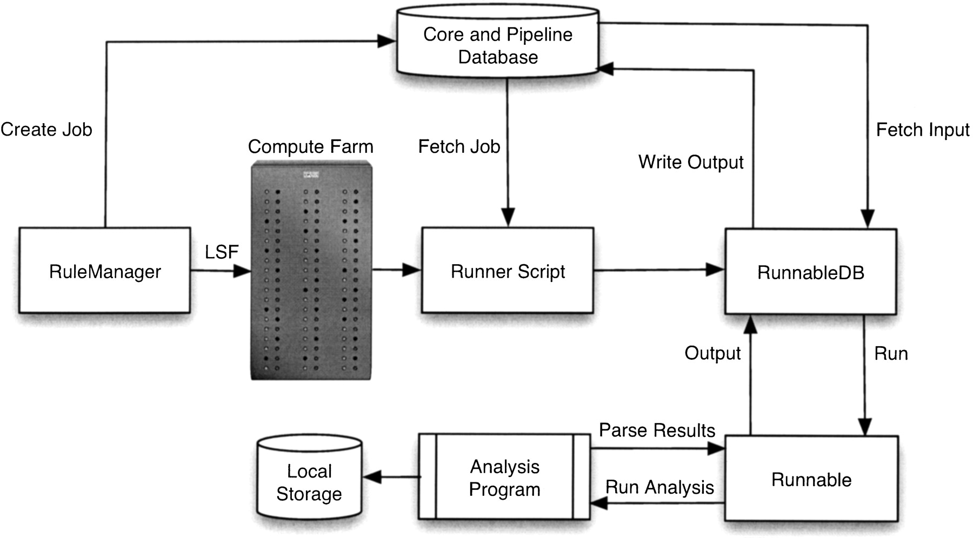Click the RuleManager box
pyautogui.click(x=105, y=271)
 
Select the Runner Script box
pyautogui.click(x=508, y=271)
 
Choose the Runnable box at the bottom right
pyautogui.click(x=811, y=479)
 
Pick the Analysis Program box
pyautogui.click(x=504, y=478)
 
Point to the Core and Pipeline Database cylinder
pyautogui.click(x=498, y=45)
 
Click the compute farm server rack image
pyautogui.click(x=311, y=270)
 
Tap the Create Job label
pyautogui.click(x=46, y=130)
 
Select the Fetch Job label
pyautogui.click(x=459, y=146)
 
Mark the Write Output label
pyautogui.click(x=691, y=162)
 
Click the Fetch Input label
pyautogui.click(x=922, y=130)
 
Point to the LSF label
pyautogui.click(x=222, y=252)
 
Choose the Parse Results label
pyautogui.click(x=657, y=430)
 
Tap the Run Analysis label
pyautogui.click(x=659, y=487)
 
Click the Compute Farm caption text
pyautogui.click(x=310, y=146)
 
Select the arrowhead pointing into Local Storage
pyautogui.click(x=373, y=477)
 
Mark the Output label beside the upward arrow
pyautogui.click(x=712, y=353)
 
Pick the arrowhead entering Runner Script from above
pyautogui.click(x=508, y=217)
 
